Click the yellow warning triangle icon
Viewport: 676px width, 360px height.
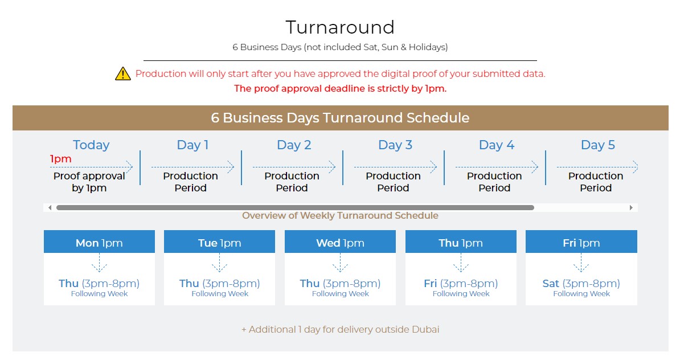tap(123, 73)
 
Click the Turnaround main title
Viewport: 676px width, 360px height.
tap(340, 27)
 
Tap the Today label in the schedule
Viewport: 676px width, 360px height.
tap(91, 145)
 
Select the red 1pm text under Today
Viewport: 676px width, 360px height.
tap(61, 159)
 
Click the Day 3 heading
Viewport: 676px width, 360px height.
tap(395, 145)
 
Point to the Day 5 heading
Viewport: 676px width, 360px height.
tap(598, 145)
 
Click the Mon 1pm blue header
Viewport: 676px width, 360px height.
tap(99, 242)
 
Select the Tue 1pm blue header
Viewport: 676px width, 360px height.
tap(219, 242)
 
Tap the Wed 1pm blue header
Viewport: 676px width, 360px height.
tap(340, 242)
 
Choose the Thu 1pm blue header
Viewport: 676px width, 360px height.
tap(461, 242)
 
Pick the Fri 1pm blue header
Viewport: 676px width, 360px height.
tap(581, 242)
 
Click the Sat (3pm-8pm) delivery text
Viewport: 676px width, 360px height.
tap(581, 283)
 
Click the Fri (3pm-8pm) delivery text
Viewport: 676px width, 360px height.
tap(461, 283)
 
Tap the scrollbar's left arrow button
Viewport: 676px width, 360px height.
tap(50, 208)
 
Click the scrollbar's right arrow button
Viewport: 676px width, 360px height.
tap(631, 208)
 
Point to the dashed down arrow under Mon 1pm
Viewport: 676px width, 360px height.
tap(99, 263)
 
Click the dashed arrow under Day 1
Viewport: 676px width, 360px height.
tap(192, 167)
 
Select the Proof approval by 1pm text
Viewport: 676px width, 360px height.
tap(89, 182)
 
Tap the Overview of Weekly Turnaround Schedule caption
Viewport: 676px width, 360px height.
tap(340, 215)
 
